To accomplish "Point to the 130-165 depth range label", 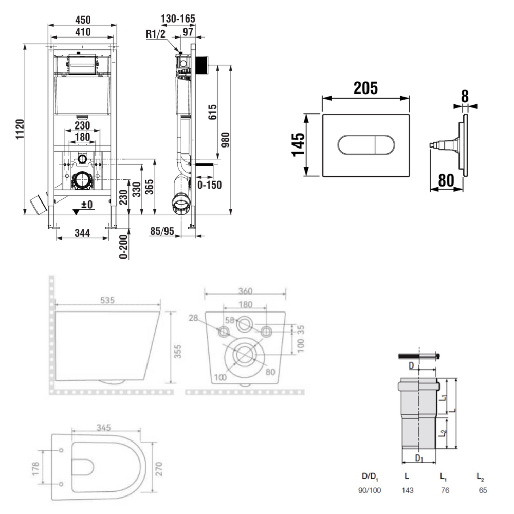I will (178, 19).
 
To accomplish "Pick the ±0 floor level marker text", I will (86, 205).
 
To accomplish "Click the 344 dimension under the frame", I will (82, 233).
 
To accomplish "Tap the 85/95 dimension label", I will (162, 232).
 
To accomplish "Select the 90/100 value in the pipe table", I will (370, 490).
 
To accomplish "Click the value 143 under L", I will (407, 490).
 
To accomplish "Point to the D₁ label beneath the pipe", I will (419, 458).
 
